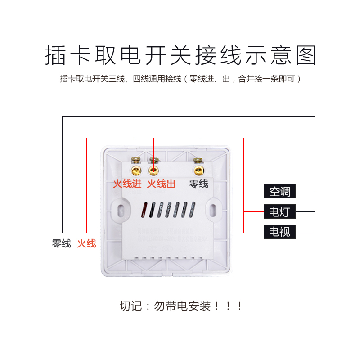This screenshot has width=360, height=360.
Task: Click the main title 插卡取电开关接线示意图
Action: click(180, 56)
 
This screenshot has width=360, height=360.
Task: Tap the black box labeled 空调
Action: click(280, 192)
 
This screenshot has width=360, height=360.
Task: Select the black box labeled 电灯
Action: click(280, 211)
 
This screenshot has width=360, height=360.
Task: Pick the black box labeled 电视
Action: click(280, 232)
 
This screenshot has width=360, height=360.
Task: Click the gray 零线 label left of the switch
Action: click(62, 244)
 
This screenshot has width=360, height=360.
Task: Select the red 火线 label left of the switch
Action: click(86, 244)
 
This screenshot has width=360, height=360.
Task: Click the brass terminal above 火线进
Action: click(136, 170)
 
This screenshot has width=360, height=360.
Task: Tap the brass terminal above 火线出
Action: click(154, 170)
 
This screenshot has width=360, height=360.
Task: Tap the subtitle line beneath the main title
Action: click(180, 79)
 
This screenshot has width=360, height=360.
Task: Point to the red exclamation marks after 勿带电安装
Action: click(229, 306)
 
